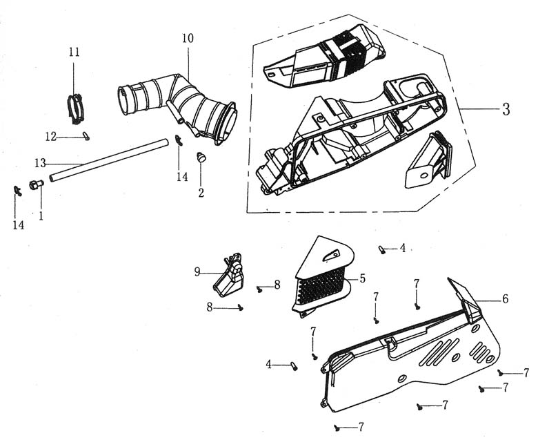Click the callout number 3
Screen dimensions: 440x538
point(506,109)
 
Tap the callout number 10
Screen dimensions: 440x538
point(188,39)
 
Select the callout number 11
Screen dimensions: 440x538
point(74,52)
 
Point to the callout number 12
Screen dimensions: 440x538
point(50,137)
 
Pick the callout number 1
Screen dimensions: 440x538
point(41,216)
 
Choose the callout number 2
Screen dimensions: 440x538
point(201,193)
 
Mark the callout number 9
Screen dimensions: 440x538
point(197,272)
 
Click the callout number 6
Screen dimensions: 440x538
point(506,299)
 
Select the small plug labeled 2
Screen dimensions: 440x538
point(202,157)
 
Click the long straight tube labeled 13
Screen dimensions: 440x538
point(110,160)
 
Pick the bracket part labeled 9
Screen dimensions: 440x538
point(230,277)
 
